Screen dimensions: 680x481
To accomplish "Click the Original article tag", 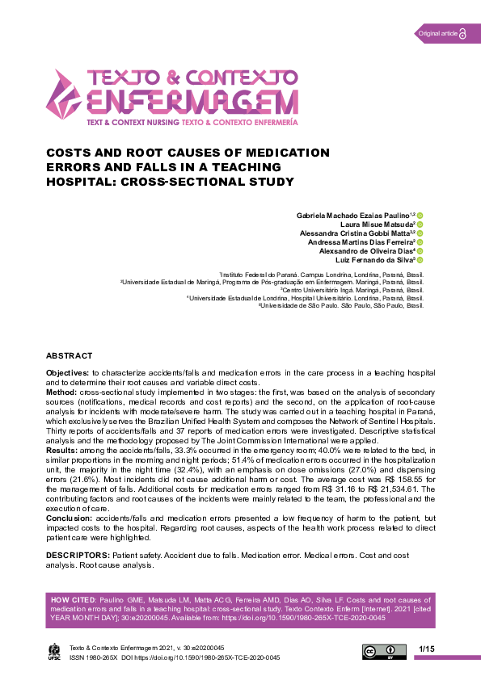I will (x=437, y=33).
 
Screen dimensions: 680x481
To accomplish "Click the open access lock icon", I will (x=462, y=33).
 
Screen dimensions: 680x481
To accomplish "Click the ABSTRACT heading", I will (x=69, y=355).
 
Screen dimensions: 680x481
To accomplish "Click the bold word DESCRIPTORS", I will (x=77, y=556).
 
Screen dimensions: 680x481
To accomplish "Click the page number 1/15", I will (x=427, y=649).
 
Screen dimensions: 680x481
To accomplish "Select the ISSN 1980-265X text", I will (x=93, y=657).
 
